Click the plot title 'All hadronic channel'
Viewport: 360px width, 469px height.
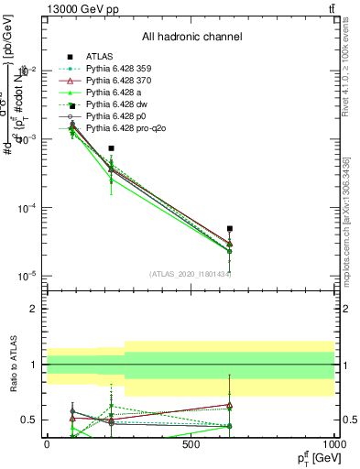(191, 37)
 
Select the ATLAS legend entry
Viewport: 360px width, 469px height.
(100, 56)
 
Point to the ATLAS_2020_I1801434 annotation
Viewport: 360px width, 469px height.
(190, 274)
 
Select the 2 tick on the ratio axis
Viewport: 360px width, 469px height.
(34, 309)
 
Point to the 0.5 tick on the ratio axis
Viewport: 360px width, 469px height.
(29, 420)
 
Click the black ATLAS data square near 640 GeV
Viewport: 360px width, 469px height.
(230, 229)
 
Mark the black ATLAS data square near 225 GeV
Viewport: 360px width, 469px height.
(111, 148)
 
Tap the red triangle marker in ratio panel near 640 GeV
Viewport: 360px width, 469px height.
(230, 405)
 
